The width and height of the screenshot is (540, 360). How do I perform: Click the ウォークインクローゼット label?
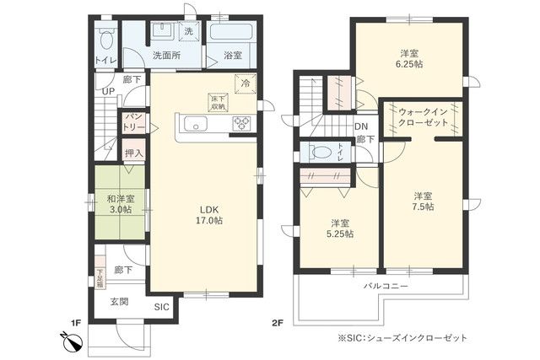click(x=423, y=116)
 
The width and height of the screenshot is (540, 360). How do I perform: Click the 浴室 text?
click(x=233, y=56)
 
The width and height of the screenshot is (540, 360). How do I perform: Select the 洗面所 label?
click(x=165, y=56)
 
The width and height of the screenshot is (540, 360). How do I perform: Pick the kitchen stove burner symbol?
click(x=241, y=123)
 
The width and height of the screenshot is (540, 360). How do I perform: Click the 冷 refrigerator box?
click(x=246, y=83)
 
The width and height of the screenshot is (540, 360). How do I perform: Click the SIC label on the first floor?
click(x=161, y=307)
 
